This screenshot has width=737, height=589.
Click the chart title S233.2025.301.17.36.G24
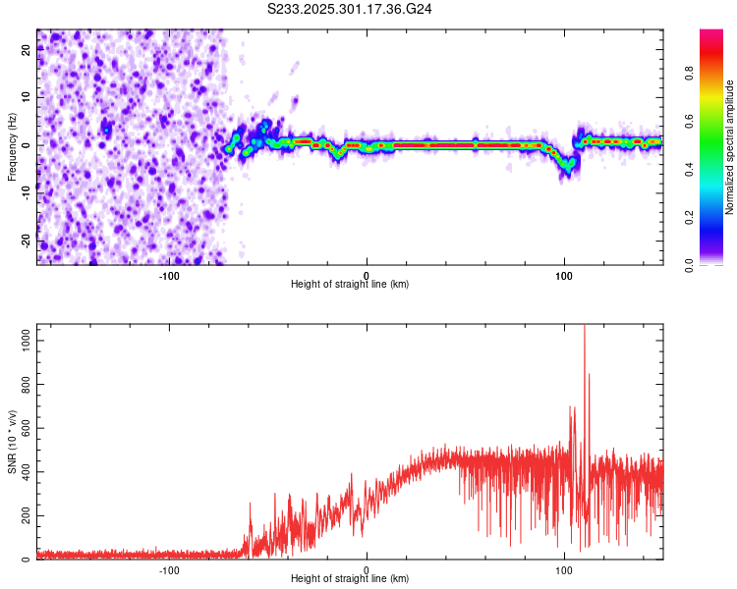351,9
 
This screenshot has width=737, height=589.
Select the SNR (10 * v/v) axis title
12,441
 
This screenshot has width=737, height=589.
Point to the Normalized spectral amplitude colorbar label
730,146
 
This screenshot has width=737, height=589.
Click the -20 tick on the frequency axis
25,239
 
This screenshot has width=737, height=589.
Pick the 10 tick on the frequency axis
27,98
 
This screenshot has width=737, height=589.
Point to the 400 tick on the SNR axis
24,472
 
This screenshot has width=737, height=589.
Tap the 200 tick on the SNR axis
24,515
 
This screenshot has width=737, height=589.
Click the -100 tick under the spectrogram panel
169,275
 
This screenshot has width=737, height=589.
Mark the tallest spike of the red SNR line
585,328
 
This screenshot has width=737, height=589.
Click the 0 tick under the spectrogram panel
367,275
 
